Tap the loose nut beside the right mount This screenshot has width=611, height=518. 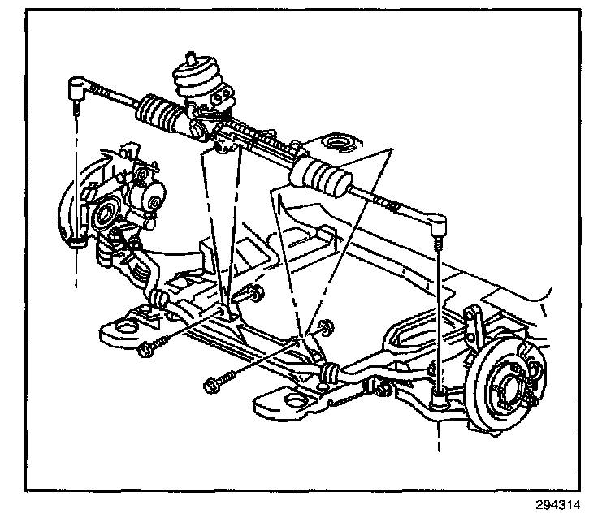tap(326, 328)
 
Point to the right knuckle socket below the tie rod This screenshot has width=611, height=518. tap(438, 397)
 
